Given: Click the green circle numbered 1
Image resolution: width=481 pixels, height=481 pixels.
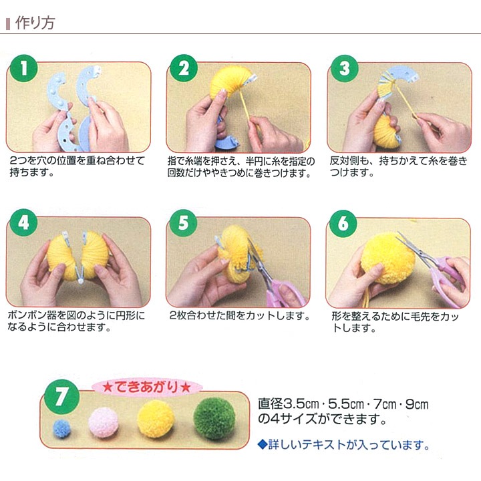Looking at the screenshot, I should pos(24,69).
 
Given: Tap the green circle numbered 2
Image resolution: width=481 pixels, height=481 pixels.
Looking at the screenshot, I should pos(182,69).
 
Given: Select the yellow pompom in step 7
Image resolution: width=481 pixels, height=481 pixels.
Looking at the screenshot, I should pos(156,418).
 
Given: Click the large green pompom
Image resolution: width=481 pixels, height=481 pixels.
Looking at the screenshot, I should pos(214,418).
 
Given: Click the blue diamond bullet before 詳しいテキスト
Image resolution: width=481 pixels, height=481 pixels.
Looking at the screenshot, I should pos(263,444).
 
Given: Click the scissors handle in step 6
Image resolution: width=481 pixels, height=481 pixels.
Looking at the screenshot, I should pos(453,274).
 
